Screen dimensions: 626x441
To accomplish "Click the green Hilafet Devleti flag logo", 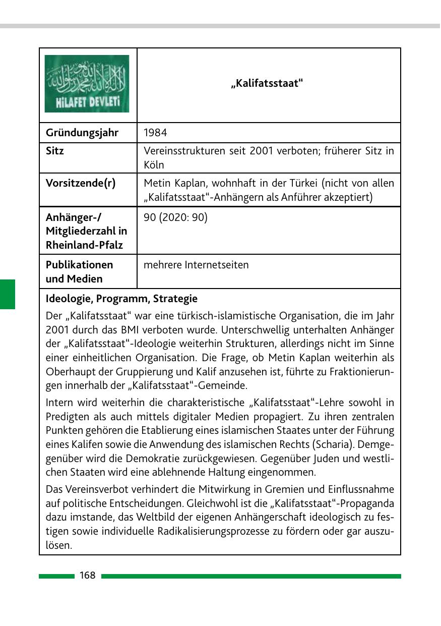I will (87, 84).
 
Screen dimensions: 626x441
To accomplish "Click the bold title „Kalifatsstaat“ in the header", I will (267, 83).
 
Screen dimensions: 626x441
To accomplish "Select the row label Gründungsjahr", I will (82, 133).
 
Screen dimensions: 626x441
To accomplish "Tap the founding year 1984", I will (155, 133).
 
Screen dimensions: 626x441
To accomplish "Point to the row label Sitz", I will (55, 150).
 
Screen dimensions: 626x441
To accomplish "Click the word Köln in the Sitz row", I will (154, 165).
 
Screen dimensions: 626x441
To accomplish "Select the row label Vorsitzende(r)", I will (81, 183).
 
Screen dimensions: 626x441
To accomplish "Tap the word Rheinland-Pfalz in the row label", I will (84, 246).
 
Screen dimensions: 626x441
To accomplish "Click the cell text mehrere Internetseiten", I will (196, 265).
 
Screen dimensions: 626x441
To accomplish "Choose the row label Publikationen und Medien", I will (79, 271).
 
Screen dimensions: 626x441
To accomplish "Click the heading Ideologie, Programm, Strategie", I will (121, 299).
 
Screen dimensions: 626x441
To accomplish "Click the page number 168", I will (87, 576).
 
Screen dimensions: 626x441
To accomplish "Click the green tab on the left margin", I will (8, 294).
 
